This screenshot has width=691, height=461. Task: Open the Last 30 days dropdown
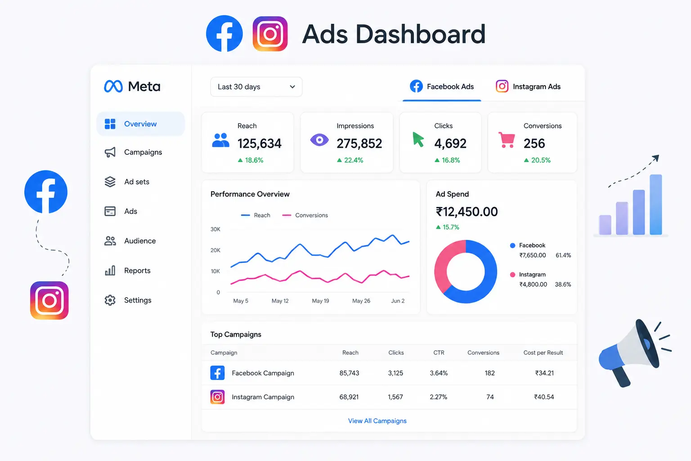[256, 87]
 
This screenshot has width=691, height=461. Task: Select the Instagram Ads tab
[528, 86]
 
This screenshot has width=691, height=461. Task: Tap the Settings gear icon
[110, 300]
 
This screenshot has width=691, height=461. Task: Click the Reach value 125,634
[260, 144]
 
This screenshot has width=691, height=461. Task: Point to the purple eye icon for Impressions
[319, 140]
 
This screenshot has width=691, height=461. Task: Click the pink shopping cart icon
[507, 140]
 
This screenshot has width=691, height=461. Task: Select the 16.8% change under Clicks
[447, 160]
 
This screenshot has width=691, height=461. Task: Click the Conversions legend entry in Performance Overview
[305, 215]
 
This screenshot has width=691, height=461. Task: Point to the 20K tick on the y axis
[215, 250]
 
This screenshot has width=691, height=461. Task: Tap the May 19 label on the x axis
[320, 301]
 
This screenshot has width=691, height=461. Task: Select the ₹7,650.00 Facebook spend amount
[533, 255]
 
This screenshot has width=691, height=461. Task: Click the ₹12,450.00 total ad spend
[467, 212]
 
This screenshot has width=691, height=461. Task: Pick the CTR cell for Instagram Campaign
[438, 397]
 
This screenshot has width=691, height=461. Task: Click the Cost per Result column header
[543, 353]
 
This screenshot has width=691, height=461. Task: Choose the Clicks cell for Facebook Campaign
[395, 373]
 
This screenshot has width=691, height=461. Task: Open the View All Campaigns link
[377, 421]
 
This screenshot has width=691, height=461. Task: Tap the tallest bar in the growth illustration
[656, 204]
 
